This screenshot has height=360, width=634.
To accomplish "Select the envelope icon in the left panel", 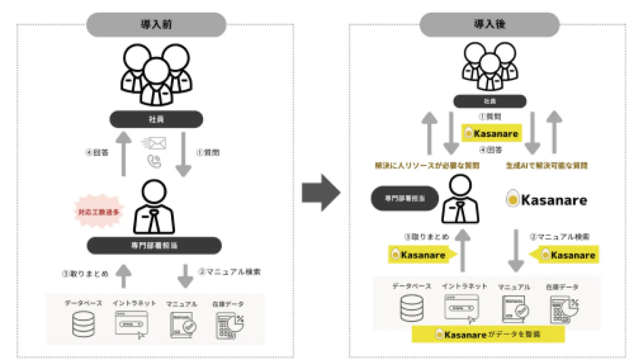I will click(154, 143).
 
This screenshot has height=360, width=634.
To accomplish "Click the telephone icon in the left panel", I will click(154, 162).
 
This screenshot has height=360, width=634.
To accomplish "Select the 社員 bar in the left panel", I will click(156, 119).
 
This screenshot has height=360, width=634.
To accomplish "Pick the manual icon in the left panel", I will click(183, 325).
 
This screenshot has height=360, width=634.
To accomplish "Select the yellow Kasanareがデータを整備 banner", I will click(488, 334).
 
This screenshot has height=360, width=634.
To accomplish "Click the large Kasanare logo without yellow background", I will click(546, 200).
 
